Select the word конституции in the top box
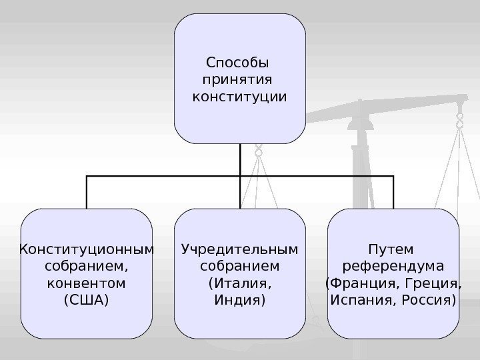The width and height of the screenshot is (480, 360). pyautogui.click(x=240, y=98)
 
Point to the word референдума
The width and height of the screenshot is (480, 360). pyautogui.click(x=393, y=267)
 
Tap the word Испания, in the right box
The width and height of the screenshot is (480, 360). pyautogui.click(x=360, y=300)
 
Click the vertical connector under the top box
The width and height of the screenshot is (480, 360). pyautogui.click(x=240, y=160)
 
